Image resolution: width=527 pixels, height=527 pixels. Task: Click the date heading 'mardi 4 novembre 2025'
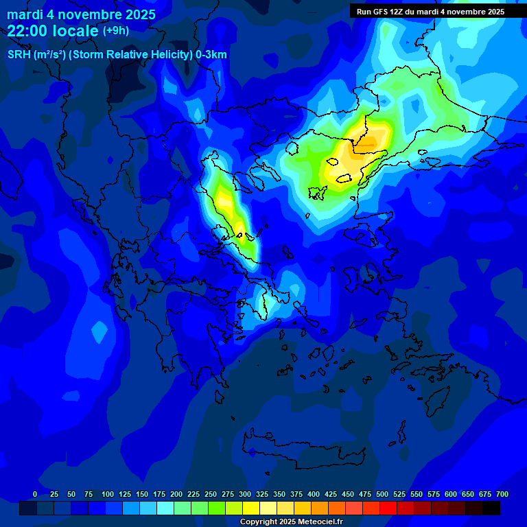(x=81, y=14)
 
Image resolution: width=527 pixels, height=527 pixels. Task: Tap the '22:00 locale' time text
(x=54, y=31)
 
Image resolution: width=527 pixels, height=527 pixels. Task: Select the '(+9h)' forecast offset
(x=115, y=31)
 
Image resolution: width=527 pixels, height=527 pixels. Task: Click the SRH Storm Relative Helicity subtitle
(x=117, y=55)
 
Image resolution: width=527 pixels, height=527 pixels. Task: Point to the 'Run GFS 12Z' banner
(x=430, y=12)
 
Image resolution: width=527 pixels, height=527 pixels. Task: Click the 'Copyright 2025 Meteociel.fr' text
(x=291, y=522)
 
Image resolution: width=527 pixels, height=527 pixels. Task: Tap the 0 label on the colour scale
(x=35, y=495)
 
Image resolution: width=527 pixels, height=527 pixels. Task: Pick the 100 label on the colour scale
(x=107, y=495)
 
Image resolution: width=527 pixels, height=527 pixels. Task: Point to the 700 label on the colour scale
(x=502, y=495)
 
